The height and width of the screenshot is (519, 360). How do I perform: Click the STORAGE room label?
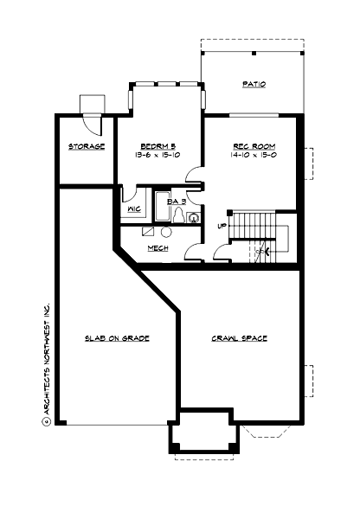pyautogui.click(x=87, y=146)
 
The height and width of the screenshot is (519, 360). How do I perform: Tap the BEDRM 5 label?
pyautogui.click(x=158, y=146)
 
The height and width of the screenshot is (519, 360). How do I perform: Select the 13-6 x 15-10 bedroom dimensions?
pyautogui.click(x=158, y=156)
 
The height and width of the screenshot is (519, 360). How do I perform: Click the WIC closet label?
pyautogui.click(x=134, y=209)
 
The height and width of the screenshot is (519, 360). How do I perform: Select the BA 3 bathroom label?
pyautogui.click(x=177, y=201)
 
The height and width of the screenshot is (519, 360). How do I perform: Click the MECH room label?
pyautogui.click(x=157, y=248)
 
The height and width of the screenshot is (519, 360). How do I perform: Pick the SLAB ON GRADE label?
pyautogui.click(x=118, y=338)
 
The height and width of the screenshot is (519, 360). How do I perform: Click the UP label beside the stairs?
pyautogui.click(x=222, y=227)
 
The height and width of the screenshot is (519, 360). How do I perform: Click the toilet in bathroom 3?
pyautogui.click(x=178, y=219)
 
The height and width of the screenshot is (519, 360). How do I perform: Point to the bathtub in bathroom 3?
pyautogui.click(x=161, y=208)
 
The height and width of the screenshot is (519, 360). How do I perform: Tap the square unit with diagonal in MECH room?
pyautogui.click(x=149, y=233)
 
